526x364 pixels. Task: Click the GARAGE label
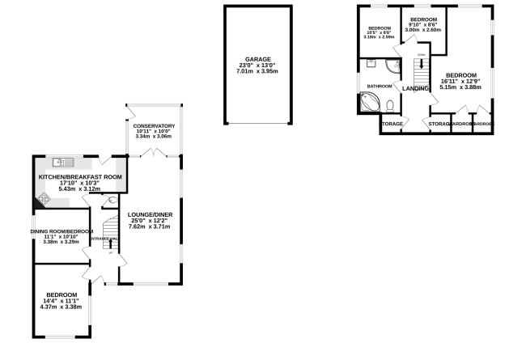coord(259,59)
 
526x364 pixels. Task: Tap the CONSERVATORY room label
coord(153,125)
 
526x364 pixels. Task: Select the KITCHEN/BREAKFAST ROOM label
coord(80,176)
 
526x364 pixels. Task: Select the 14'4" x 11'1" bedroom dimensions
coord(62,301)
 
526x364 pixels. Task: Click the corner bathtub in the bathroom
coord(370,103)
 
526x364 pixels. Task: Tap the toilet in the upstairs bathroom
coord(389,104)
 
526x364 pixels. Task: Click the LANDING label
coord(416,88)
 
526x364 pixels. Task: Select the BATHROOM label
coord(380,86)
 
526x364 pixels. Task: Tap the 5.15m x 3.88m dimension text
coord(461,88)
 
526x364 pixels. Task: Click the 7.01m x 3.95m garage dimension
coord(259,71)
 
